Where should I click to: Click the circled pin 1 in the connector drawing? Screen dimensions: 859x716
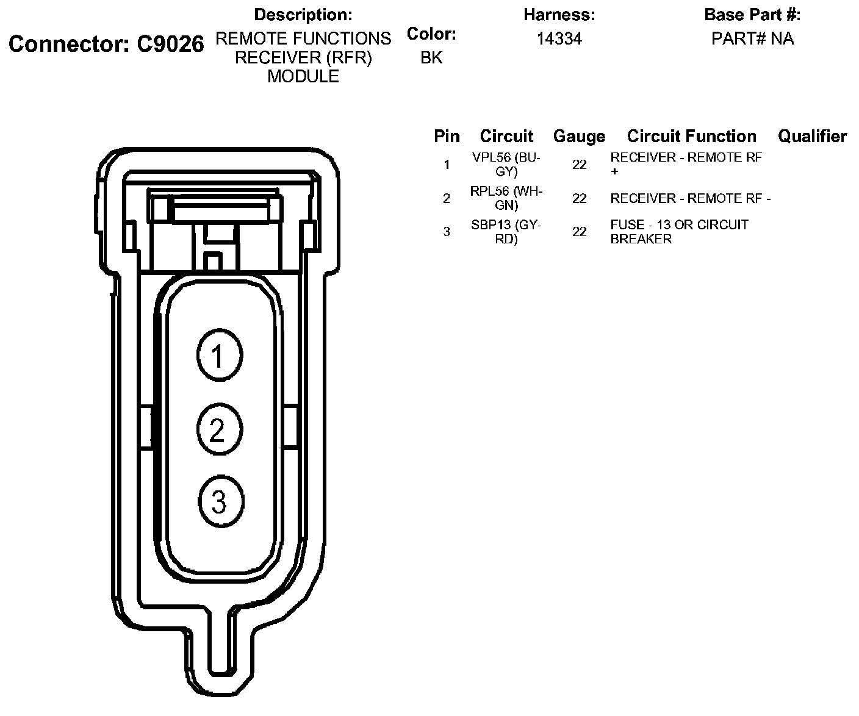tap(220, 355)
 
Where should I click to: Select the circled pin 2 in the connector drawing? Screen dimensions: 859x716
tap(220, 429)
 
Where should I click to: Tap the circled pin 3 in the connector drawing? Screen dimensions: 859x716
tap(221, 501)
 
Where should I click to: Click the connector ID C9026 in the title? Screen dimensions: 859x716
tap(170, 43)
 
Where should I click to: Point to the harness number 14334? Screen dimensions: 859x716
tap(559, 38)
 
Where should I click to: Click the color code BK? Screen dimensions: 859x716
tap(431, 57)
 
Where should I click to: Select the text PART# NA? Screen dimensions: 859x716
tap(752, 38)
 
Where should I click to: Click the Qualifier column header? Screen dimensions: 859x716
tap(812, 136)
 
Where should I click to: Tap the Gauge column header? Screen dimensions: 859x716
tap(579, 136)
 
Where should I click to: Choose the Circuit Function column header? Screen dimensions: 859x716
tap(692, 136)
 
